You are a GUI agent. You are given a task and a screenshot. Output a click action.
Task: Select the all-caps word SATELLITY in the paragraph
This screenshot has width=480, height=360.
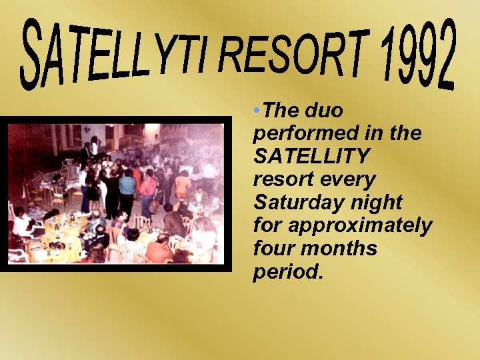pos(311,157)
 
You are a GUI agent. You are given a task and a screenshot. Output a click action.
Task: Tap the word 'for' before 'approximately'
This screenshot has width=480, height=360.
pos(267,226)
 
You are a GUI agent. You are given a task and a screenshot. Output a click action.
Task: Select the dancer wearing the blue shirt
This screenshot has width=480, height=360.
pos(127,183)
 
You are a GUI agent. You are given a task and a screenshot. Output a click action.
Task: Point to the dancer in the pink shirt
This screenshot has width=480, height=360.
pos(148,185)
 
